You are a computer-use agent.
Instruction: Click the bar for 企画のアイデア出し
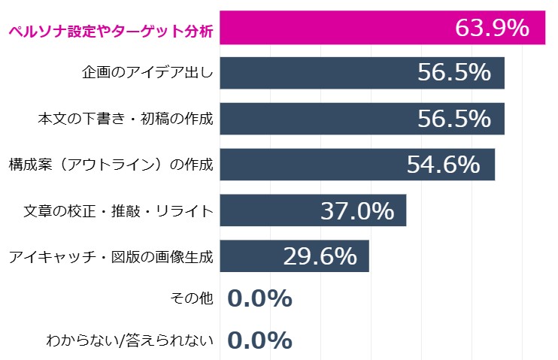pyautogui.click(x=316, y=73)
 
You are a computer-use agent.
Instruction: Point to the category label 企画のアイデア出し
pyautogui.click(x=148, y=74)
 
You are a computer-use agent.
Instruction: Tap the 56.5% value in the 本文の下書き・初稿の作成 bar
pyautogui.click(x=454, y=119)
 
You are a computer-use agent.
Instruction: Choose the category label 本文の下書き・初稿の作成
pyautogui.click(x=126, y=119)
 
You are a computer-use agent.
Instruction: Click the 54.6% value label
pyautogui.click(x=443, y=165)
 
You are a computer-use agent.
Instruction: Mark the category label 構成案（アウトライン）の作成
pyautogui.click(x=111, y=165)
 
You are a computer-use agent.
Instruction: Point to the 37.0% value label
pyautogui.click(x=357, y=211)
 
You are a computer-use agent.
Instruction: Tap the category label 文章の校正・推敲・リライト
pyautogui.click(x=119, y=211)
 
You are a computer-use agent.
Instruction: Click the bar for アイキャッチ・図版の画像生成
pyautogui.click(x=248, y=256)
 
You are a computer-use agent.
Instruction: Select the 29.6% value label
pyautogui.click(x=320, y=256)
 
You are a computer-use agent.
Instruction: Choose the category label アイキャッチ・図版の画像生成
pyautogui.click(x=111, y=257)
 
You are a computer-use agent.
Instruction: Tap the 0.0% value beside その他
pyautogui.click(x=259, y=299)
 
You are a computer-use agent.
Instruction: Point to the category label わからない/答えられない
pyautogui.click(x=130, y=341)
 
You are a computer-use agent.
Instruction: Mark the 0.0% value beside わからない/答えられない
pyautogui.click(x=259, y=341)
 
